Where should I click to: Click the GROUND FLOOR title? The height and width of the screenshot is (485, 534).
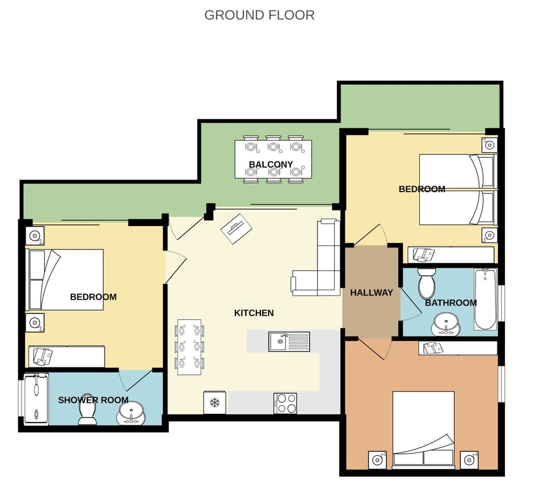(x=259, y=15)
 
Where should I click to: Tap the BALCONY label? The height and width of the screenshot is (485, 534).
(x=271, y=164)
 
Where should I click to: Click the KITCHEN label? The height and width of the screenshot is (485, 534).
(x=254, y=313)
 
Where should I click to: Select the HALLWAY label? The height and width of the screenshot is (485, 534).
(x=371, y=292)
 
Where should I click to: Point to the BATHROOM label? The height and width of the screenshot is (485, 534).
(x=451, y=303)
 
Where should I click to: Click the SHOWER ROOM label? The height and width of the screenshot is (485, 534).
(x=93, y=400)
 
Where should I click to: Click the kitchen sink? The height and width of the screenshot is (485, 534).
(x=289, y=342)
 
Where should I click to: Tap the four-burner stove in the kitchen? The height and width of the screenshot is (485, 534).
(x=285, y=403)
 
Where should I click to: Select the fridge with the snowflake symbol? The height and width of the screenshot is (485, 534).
(x=215, y=403)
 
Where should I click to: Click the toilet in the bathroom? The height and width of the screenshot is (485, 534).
(x=427, y=283)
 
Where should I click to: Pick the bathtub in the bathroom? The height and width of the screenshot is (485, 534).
(x=486, y=299)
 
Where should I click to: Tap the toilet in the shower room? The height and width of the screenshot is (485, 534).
(x=87, y=414)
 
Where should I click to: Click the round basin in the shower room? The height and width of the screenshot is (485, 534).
(x=131, y=413)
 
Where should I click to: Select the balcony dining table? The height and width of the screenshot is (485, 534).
(x=273, y=159)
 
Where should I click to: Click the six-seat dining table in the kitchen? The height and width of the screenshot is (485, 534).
(x=189, y=347)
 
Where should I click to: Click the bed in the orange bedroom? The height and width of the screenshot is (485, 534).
(x=423, y=430)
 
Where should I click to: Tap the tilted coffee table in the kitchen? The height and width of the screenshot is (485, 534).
(x=237, y=228)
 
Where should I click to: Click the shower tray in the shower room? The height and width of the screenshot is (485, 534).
(x=36, y=399)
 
